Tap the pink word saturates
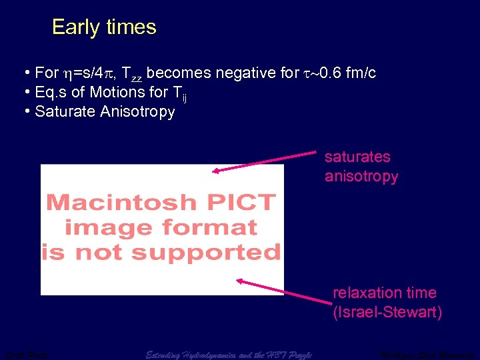click(357, 157)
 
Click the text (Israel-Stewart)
click(387, 312)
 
